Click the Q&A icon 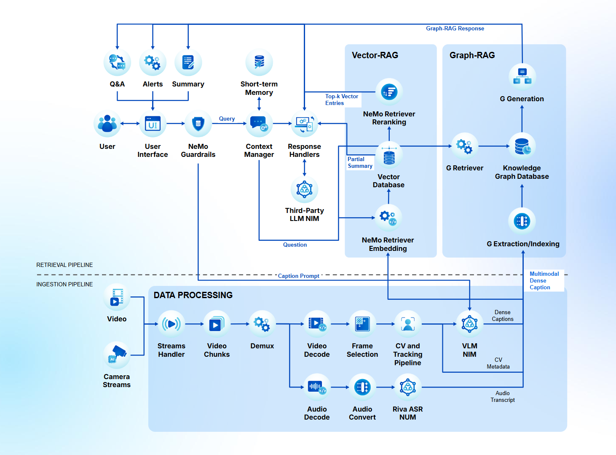click(117, 62)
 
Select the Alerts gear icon click(153, 62)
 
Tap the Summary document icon click(188, 62)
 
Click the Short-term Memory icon click(259, 62)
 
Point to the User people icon click(107, 124)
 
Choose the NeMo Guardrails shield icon click(198, 124)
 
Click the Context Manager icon click(259, 124)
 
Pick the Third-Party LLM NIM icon click(304, 189)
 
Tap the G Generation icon click(522, 77)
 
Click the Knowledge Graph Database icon click(522, 146)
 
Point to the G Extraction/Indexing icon click(522, 221)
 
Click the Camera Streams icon click(117, 355)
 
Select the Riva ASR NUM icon click(407, 387)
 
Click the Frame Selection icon click(362, 324)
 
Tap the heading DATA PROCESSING click(193, 295)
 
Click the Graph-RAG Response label click(455, 29)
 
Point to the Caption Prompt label click(299, 276)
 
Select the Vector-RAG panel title click(375, 55)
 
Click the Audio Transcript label click(503, 396)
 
